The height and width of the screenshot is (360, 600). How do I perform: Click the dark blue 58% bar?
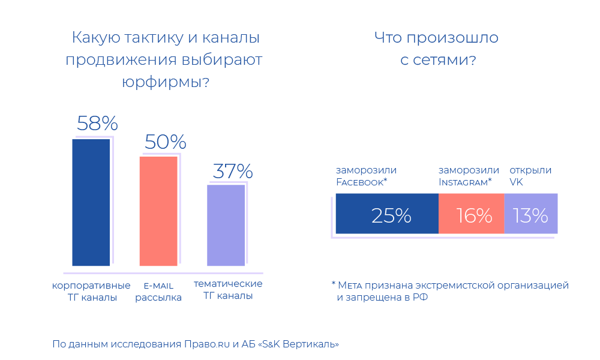click(x=91, y=202)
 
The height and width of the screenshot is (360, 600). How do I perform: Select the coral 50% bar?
click(x=158, y=211)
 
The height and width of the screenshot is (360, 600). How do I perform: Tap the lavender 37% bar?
click(x=226, y=225)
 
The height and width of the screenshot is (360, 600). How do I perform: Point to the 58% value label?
click(x=97, y=124)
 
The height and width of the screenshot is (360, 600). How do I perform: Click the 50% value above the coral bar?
click(x=165, y=142)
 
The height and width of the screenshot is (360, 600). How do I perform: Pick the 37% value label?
click(x=233, y=172)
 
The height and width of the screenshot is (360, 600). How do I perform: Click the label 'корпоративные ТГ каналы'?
click(x=92, y=290)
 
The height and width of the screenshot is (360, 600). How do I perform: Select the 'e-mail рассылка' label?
click(x=158, y=291)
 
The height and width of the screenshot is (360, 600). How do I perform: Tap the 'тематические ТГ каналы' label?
click(x=227, y=290)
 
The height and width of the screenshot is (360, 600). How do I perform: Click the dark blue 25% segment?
click(x=387, y=214)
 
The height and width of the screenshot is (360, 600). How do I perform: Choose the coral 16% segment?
click(x=472, y=214)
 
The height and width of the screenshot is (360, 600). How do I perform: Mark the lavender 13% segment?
click(x=531, y=214)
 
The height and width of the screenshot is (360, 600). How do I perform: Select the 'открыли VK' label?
click(x=530, y=176)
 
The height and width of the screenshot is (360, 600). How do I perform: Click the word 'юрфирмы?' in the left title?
click(x=165, y=82)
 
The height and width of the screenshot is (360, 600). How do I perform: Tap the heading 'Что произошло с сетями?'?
click(x=437, y=49)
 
